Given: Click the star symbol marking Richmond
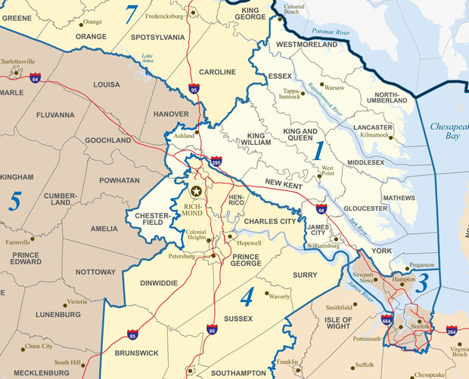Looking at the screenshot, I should click(x=197, y=192).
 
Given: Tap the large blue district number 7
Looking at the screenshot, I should click(x=132, y=14).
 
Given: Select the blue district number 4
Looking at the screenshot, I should click(x=247, y=297).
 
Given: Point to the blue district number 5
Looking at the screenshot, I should click(x=14, y=201).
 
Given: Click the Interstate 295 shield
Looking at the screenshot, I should click(x=216, y=161).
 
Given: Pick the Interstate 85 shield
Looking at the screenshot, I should click(x=133, y=334).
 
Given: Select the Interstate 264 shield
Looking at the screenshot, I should click(x=452, y=330).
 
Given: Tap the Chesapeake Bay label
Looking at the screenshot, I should click(x=449, y=133).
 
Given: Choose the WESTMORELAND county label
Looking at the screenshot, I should click(x=306, y=45).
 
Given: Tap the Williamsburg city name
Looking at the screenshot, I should click(x=323, y=246).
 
